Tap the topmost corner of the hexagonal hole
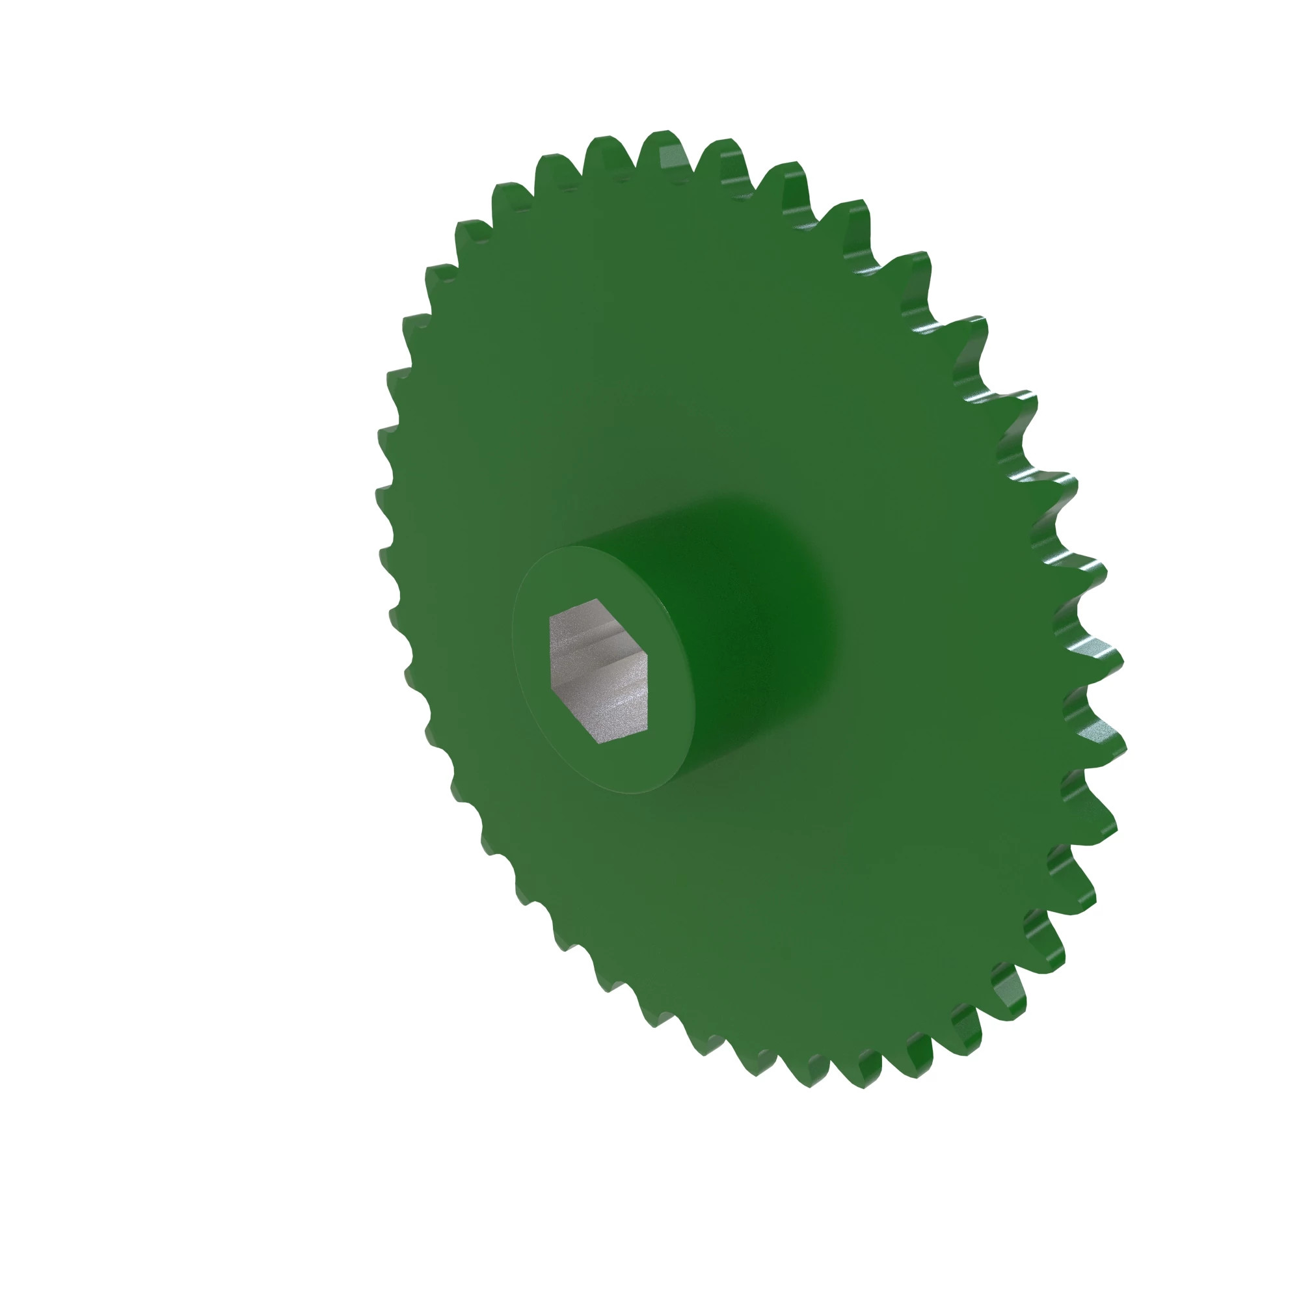[597, 598]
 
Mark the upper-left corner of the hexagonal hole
[550, 616]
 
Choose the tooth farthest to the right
[1111, 741]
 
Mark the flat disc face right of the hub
[943, 639]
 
